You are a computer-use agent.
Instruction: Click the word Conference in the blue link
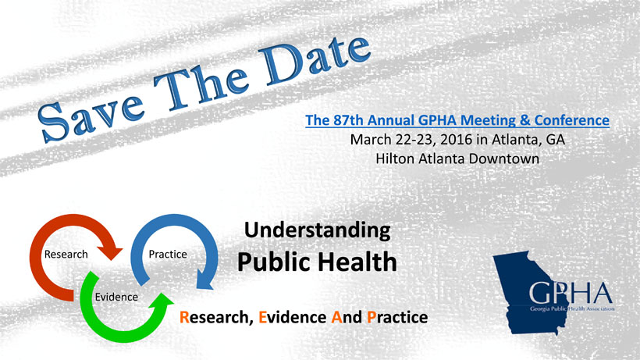point(572,120)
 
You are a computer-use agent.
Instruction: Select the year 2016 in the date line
point(457,140)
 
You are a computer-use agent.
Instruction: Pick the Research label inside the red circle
point(66,255)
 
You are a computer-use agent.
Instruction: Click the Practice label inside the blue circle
point(168,255)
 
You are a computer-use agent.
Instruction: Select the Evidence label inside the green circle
point(116,297)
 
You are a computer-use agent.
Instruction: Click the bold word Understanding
point(317,230)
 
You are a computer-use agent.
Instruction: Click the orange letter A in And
point(336,317)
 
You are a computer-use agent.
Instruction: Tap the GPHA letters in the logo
point(571,293)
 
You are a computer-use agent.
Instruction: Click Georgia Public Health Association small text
point(572,308)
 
